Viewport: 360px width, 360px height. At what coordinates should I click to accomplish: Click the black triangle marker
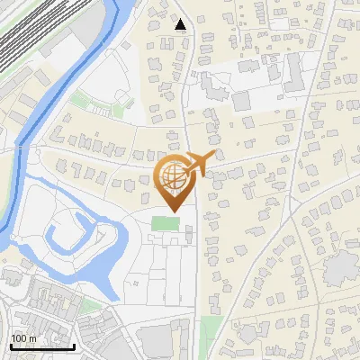[x=181, y=24]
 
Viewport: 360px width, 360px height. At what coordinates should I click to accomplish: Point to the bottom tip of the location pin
[x=173, y=210]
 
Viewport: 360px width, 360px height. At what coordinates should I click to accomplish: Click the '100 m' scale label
[x=24, y=337]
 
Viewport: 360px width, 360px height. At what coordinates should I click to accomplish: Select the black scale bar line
[x=42, y=346]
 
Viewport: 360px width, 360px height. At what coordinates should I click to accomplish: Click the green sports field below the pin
[x=165, y=223]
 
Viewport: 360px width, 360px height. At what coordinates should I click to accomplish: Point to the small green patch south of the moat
[x=91, y=307]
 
